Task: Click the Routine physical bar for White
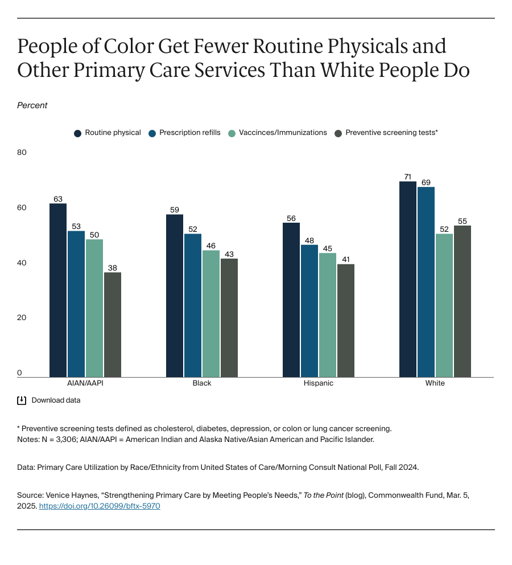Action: click(408, 279)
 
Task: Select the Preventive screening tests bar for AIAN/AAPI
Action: click(113, 325)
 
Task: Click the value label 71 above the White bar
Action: click(408, 177)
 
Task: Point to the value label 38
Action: click(113, 268)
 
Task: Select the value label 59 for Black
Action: click(175, 210)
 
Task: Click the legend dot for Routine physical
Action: click(77, 133)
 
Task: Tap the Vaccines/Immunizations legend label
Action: click(283, 133)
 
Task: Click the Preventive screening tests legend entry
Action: click(391, 133)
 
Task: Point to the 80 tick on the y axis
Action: click(22, 153)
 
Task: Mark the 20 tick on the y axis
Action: click(22, 318)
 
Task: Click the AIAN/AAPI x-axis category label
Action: click(85, 383)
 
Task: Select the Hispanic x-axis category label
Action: click(319, 383)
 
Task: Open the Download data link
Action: click(56, 400)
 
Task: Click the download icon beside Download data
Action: click(22, 400)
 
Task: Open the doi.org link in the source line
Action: click(100, 506)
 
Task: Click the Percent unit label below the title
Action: click(32, 105)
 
